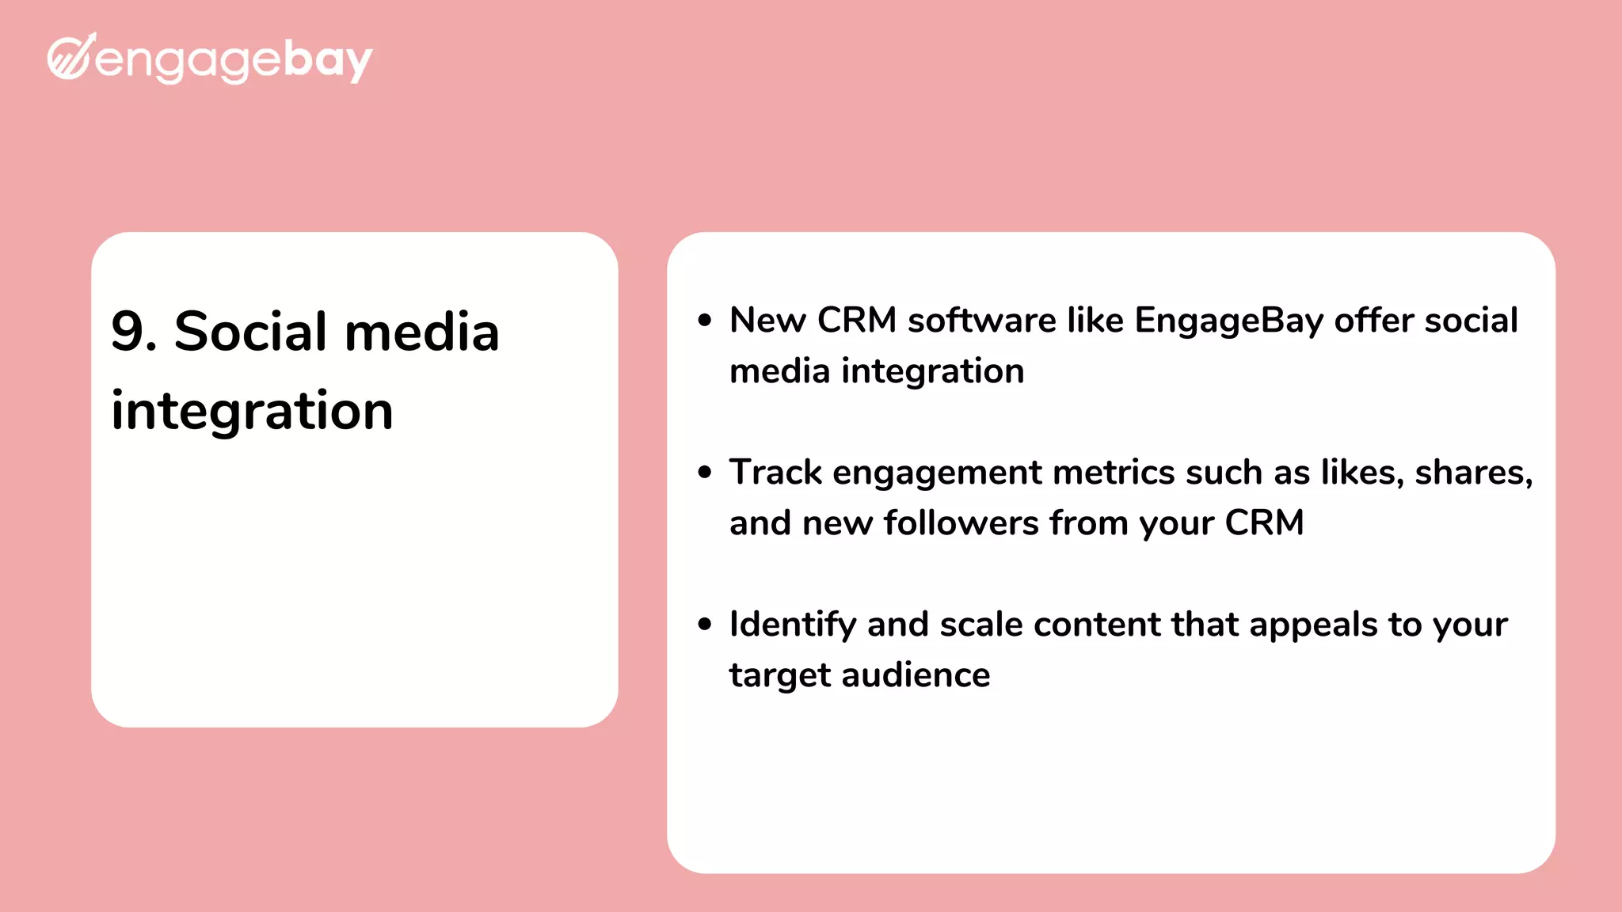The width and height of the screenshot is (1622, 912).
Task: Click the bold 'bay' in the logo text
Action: tap(327, 60)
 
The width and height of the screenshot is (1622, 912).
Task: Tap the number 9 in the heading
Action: tap(128, 331)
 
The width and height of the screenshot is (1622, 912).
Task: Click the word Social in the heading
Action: tap(249, 331)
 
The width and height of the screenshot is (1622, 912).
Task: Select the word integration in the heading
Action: tap(252, 411)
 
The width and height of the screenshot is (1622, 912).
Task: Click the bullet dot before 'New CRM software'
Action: tap(705, 321)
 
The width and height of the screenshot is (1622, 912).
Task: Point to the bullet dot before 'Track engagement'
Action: tap(705, 473)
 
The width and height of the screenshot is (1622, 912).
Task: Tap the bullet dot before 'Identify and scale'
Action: tap(705, 625)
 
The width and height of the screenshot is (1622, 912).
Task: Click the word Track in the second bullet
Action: tap(775, 473)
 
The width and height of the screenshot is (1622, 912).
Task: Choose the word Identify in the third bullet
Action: tap(792, 625)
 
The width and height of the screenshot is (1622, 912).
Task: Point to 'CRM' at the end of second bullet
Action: tap(1264, 523)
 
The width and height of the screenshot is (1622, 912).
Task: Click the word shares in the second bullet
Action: tap(1472, 473)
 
